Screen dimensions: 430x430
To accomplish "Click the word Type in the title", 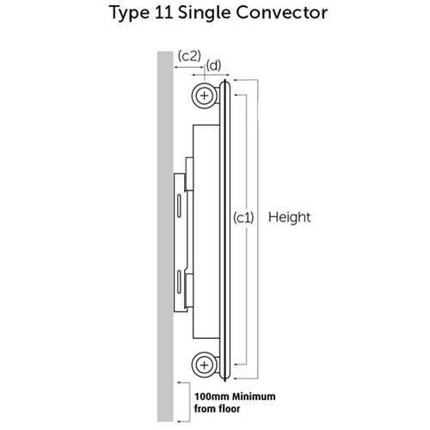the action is [x=129, y=14].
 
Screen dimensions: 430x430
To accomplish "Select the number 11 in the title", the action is [x=163, y=13].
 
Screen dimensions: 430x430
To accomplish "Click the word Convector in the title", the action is [x=282, y=13].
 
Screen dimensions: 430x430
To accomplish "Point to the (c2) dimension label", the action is [x=189, y=56].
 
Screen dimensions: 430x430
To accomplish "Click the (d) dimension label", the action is [x=214, y=65].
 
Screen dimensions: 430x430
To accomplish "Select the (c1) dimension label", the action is [x=243, y=218].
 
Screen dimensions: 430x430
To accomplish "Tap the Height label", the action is [x=289, y=218].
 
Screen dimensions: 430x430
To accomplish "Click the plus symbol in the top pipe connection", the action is [x=205, y=95].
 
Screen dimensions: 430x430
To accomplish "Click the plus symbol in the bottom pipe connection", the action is [x=205, y=365].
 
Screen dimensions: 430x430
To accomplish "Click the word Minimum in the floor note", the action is [x=254, y=396].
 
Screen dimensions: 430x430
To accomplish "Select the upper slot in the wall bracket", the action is [x=179, y=206].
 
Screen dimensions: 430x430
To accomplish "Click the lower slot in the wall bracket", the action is [x=179, y=282].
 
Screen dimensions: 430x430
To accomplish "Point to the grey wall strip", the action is [x=165, y=236].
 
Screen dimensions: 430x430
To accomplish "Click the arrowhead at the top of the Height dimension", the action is [x=236, y=80].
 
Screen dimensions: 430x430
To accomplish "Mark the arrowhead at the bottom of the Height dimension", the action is [x=236, y=378].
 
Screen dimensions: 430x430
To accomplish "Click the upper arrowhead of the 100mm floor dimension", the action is [x=179, y=383].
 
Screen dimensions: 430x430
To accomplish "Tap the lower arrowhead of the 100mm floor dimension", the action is [x=179, y=421].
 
